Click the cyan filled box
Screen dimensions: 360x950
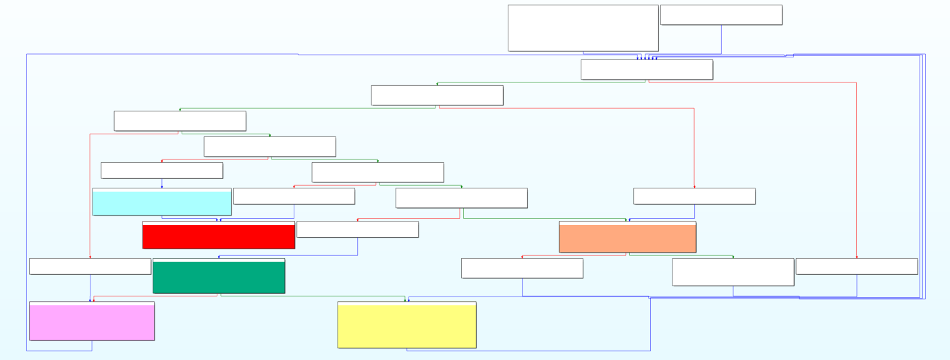point(161,203)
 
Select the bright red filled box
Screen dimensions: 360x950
point(218,236)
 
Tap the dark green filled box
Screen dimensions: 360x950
point(219,277)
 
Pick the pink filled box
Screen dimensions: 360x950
point(92,322)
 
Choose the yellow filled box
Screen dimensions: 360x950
point(406,326)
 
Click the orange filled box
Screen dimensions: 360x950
point(627,238)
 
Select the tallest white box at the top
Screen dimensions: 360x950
point(583,28)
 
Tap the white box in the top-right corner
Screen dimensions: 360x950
point(721,15)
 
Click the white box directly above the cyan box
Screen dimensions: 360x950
point(161,170)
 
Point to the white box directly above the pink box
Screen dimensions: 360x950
point(90,266)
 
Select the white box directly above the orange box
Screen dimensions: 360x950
point(694,196)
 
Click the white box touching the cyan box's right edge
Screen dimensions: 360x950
point(294,196)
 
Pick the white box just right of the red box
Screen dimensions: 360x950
point(357,230)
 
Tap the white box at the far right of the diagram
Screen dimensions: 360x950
point(856,266)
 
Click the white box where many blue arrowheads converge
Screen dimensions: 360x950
point(646,70)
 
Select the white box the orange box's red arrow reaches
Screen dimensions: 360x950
point(522,268)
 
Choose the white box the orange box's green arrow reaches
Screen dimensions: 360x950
point(733,272)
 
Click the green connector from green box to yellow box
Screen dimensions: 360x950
point(311,296)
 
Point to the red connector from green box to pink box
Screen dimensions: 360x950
point(155,296)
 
